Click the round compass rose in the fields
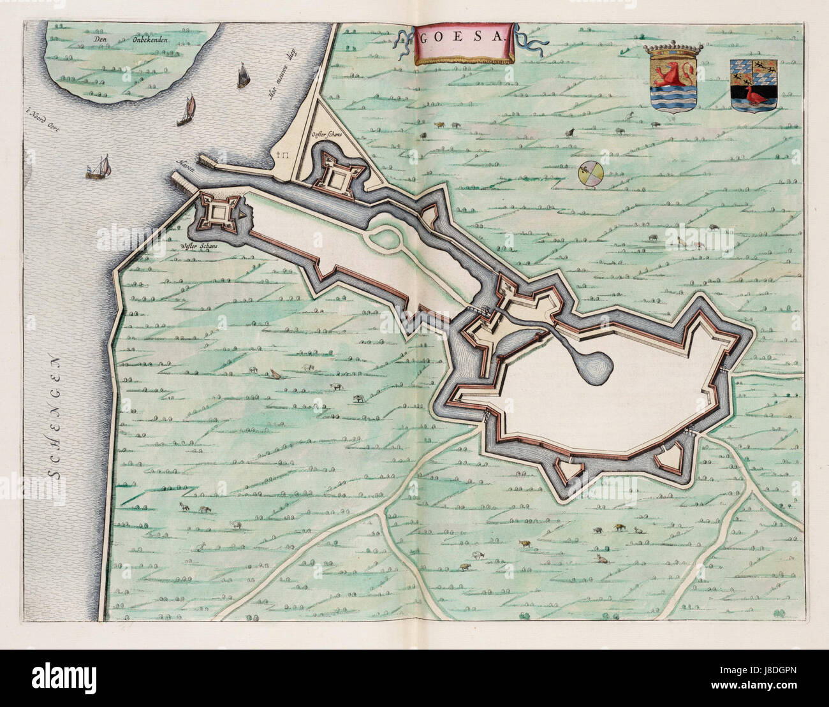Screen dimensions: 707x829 589,174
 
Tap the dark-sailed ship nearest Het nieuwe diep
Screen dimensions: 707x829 242,76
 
